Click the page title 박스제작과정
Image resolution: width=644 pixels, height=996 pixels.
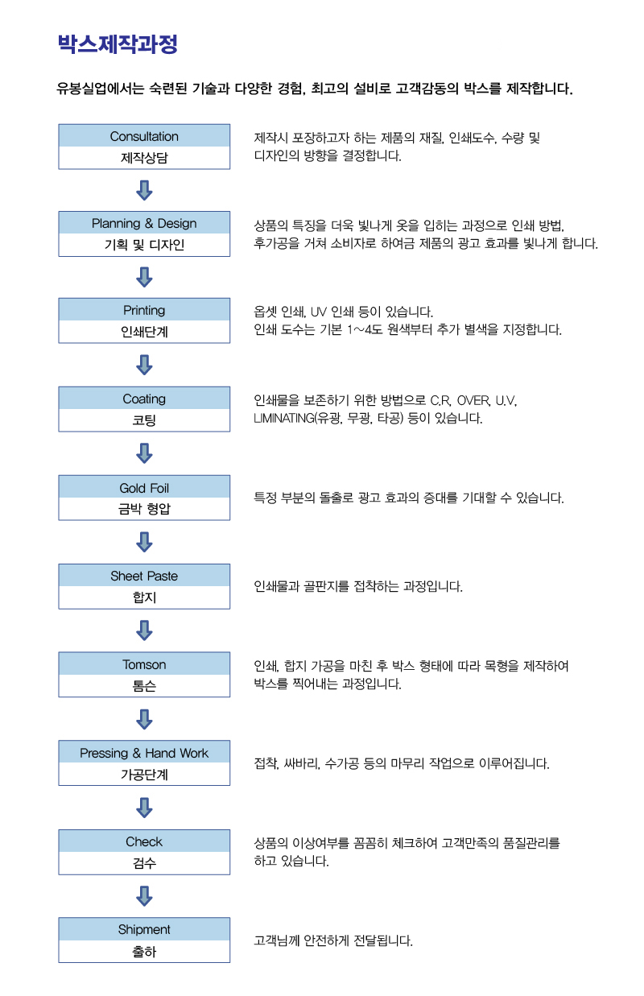tap(118, 44)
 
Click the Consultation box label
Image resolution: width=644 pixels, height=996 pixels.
tap(144, 136)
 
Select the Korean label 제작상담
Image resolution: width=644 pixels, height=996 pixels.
tap(144, 158)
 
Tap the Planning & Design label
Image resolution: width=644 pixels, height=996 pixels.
tap(144, 223)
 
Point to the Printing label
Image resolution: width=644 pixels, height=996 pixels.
tap(144, 310)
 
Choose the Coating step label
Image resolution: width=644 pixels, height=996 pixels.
tap(144, 399)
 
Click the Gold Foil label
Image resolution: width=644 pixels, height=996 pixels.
tap(144, 488)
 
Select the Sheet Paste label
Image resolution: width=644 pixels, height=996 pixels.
tap(144, 576)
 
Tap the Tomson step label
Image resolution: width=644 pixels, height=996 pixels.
tap(144, 664)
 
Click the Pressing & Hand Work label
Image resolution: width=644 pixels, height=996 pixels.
tap(144, 753)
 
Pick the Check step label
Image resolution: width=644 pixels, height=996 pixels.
tap(144, 841)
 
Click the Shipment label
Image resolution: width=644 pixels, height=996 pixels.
tap(144, 929)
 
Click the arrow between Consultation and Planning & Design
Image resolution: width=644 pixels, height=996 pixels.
tap(144, 190)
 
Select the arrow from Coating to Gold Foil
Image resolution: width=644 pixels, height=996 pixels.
tap(144, 453)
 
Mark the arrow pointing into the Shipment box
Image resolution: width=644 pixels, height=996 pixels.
tap(144, 896)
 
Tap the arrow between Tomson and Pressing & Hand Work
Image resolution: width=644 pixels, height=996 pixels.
tap(144, 719)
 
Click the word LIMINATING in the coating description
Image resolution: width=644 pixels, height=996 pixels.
tap(283, 419)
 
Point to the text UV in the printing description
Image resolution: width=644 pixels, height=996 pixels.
tap(318, 312)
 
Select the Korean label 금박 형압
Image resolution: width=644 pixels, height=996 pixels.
tap(144, 509)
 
